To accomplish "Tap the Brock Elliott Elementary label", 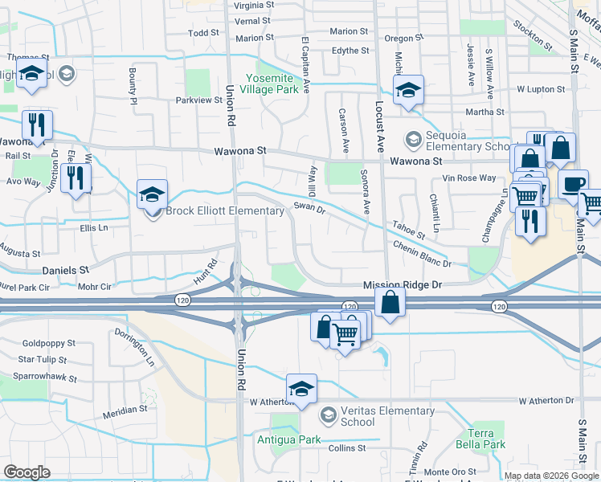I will point(225,211).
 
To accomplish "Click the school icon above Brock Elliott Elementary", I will point(151,194).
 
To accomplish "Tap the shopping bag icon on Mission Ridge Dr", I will point(390,303).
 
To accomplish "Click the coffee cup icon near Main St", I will point(572,184).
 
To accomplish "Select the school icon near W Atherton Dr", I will point(301,389).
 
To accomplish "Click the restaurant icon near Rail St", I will point(37,125).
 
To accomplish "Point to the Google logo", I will point(27,472).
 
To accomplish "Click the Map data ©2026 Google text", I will point(551,476).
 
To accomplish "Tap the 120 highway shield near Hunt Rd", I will point(182,298).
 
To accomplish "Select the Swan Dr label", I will point(309,207).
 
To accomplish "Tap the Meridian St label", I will point(125,409).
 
